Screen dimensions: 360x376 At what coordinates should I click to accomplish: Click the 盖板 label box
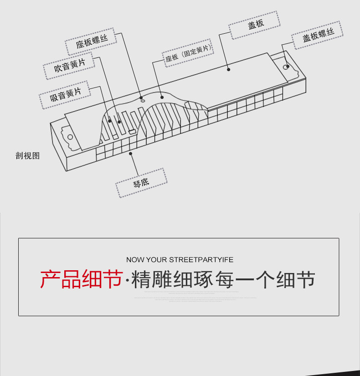pos(256,26)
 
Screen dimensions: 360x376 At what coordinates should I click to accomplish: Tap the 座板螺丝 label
pos(92,42)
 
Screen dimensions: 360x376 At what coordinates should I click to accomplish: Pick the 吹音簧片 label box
pos(69,67)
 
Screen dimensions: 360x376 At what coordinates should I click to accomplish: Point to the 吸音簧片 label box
pos(65,95)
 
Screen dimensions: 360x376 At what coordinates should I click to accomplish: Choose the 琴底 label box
pos(141,183)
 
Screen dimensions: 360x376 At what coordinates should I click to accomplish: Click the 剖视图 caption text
pos(28,156)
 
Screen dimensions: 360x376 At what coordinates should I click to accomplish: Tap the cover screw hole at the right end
pos(287,67)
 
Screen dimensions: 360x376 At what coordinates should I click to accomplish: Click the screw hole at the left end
pos(70,136)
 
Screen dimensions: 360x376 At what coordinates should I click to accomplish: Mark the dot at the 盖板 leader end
pos(229,70)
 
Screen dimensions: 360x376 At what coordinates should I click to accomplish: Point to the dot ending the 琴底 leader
pos(131,154)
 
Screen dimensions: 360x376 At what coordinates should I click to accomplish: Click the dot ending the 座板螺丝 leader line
pos(142,97)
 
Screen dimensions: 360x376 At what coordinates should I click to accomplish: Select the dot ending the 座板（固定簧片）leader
pos(162,97)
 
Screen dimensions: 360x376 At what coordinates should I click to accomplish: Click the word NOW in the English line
pos(135,260)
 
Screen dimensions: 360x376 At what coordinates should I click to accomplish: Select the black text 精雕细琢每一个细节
pos(223,279)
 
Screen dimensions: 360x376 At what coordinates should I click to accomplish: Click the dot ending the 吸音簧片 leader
pos(110,121)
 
